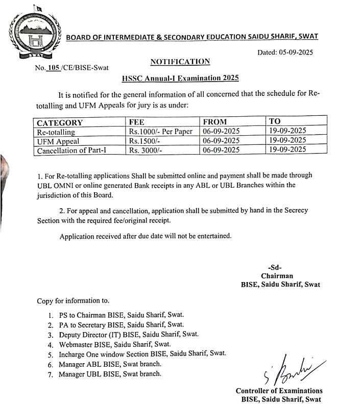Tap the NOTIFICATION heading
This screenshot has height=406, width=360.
180,62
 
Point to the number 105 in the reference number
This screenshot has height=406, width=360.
53,67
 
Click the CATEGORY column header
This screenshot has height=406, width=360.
60,123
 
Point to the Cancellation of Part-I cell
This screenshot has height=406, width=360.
73,150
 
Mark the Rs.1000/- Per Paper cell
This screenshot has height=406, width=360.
160,132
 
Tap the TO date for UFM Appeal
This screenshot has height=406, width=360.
287,140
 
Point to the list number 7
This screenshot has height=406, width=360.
50,375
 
